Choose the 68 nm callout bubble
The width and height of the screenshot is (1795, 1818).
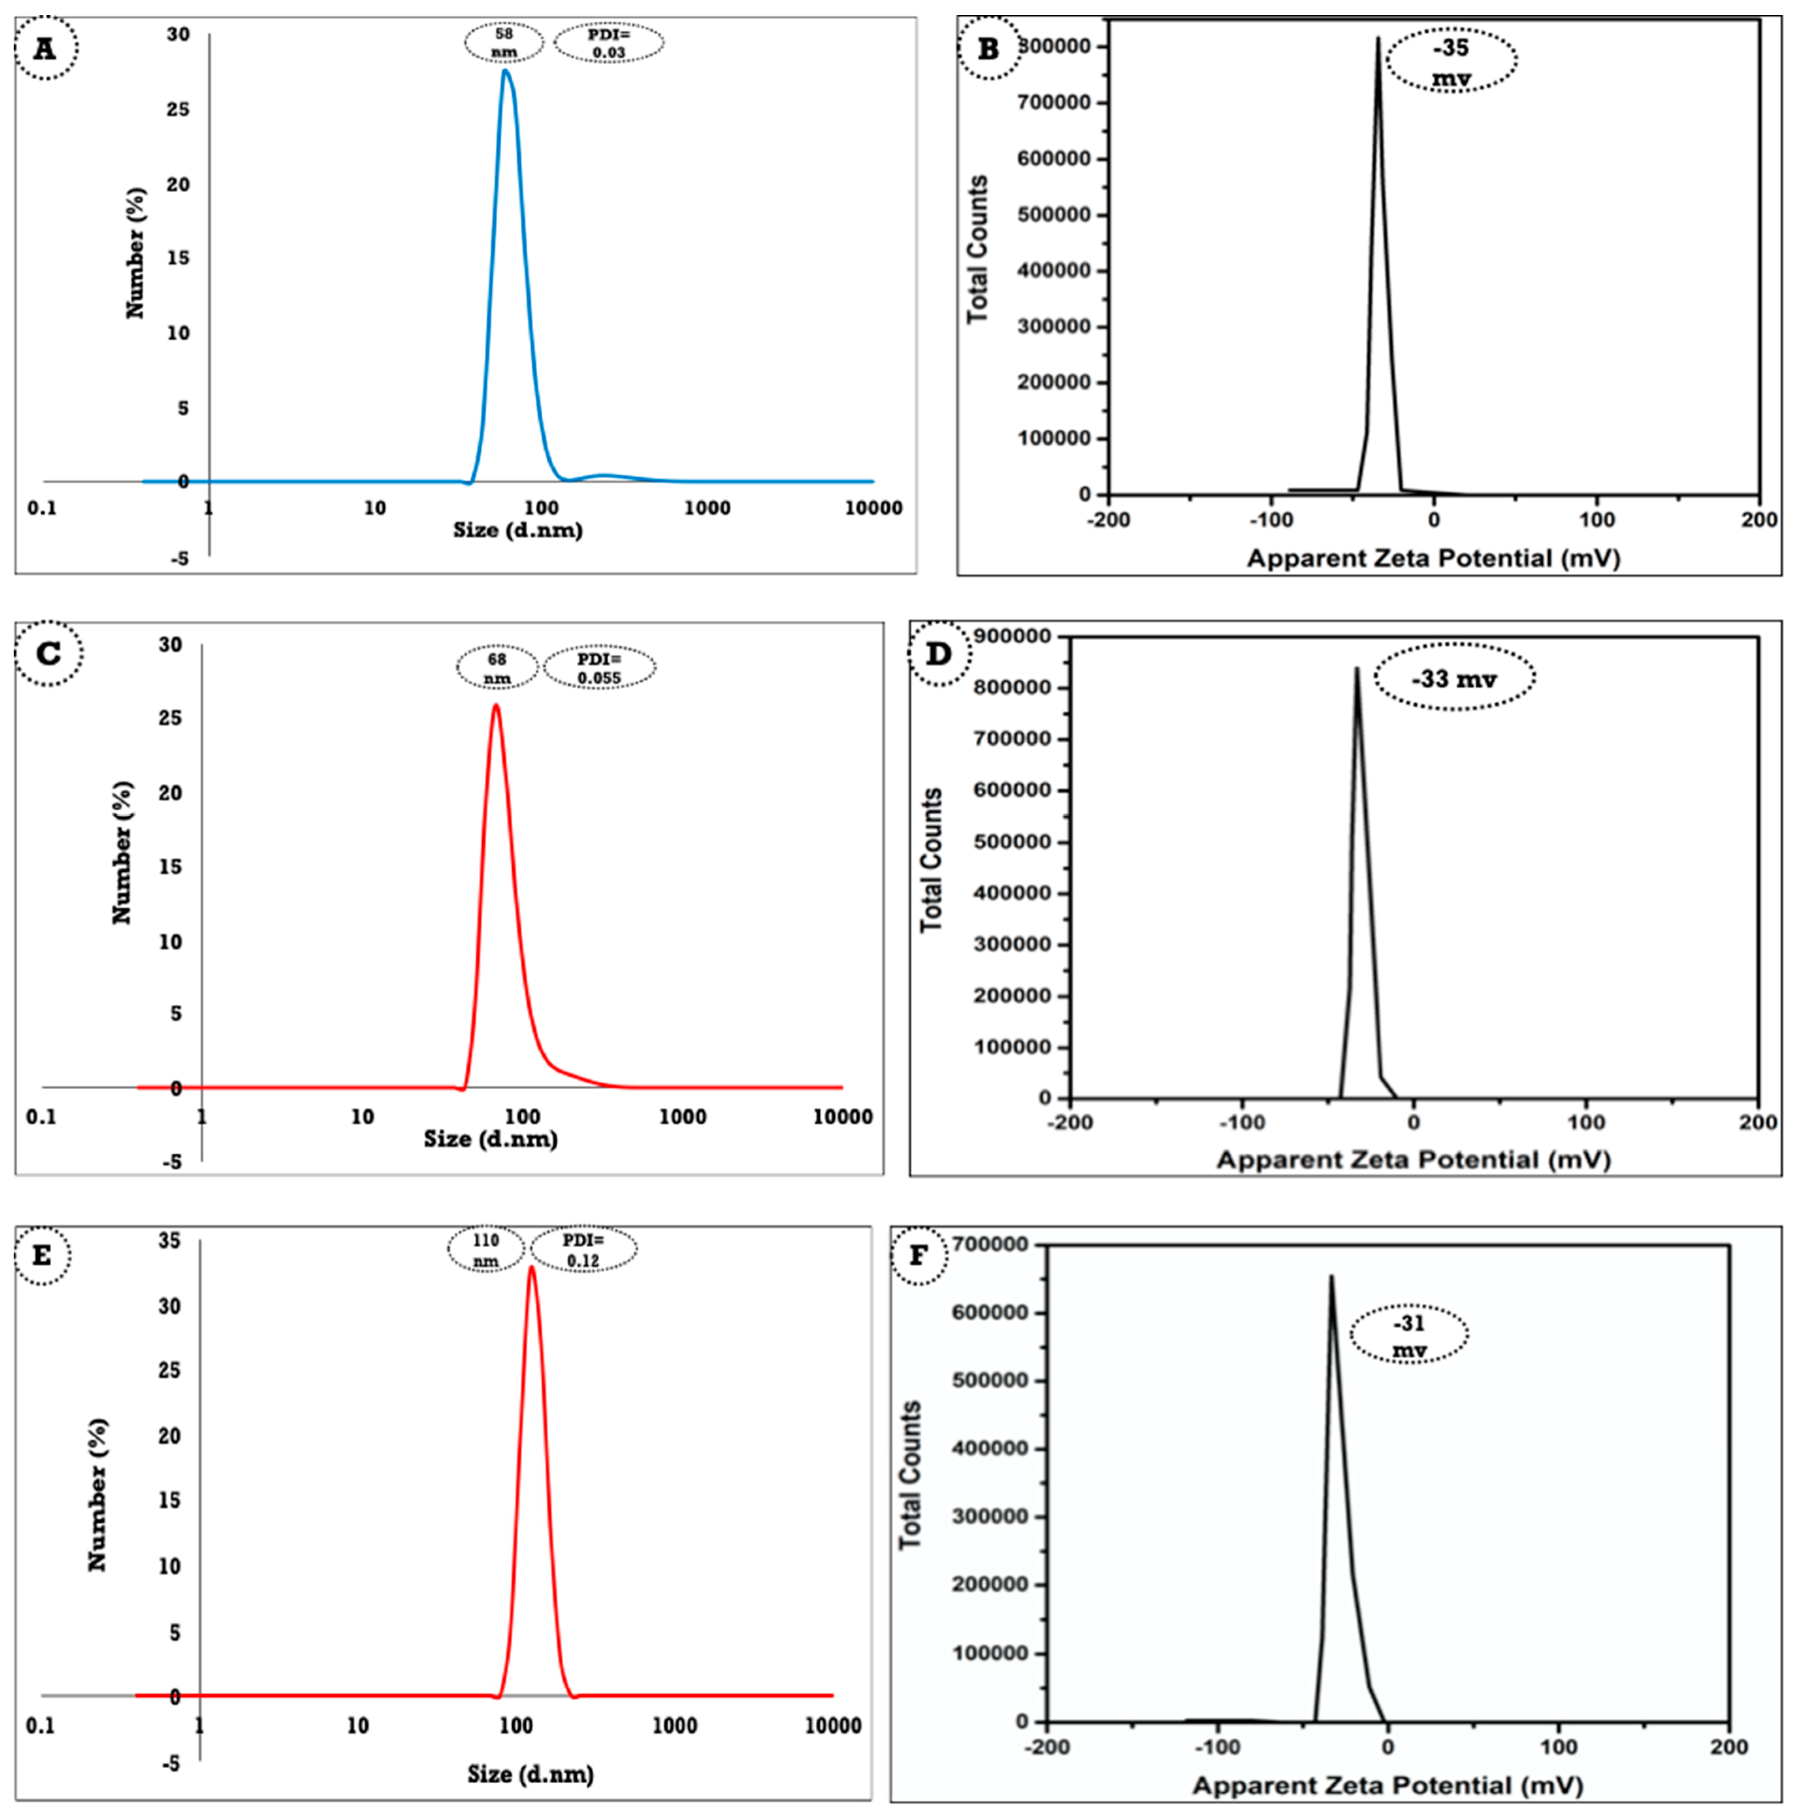tap(497, 668)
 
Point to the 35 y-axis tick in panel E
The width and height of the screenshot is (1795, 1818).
tap(170, 1241)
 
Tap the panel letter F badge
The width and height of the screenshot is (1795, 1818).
tap(918, 1255)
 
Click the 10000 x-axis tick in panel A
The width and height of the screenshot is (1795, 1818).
tap(873, 508)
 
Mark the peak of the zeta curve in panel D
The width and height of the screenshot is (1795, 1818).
tap(1357, 669)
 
